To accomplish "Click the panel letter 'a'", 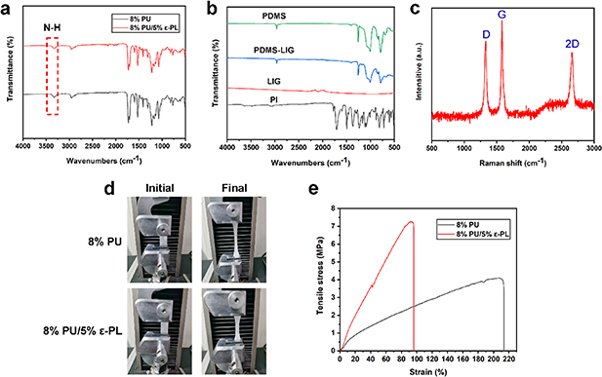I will pos(8,9).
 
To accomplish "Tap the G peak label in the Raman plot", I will pos(502,15).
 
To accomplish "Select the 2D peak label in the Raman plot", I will pos(572,44).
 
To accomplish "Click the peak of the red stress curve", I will pos(411,222).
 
